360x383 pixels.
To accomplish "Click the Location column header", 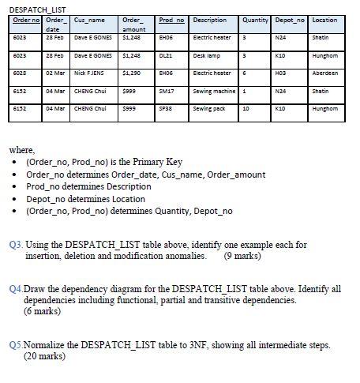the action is click(x=324, y=19).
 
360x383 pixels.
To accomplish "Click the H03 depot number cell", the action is click(x=279, y=94).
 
